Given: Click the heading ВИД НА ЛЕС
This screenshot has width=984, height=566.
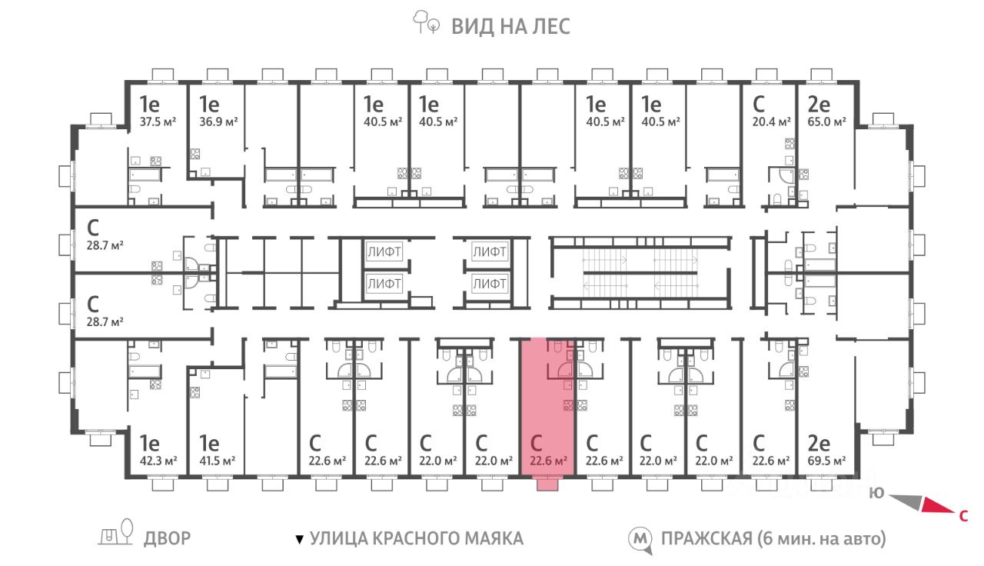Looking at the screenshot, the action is (x=510, y=26).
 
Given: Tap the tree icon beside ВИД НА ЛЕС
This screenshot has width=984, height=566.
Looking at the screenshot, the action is (x=425, y=22).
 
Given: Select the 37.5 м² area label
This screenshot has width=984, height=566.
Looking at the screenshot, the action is (x=158, y=122).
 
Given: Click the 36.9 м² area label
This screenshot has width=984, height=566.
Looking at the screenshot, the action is (x=218, y=122).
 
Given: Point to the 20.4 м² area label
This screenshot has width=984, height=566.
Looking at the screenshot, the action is (x=771, y=122).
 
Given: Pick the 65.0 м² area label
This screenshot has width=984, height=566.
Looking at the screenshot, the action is (x=826, y=122).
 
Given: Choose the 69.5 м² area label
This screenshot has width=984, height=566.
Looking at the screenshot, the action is (x=826, y=461).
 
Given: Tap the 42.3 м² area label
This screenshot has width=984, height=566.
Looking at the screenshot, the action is (x=158, y=461).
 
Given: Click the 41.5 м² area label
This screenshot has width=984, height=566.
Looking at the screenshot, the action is (x=218, y=461).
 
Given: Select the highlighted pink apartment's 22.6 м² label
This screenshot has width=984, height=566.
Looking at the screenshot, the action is (x=548, y=461).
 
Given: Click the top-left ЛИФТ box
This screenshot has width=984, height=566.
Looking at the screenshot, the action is (x=384, y=251).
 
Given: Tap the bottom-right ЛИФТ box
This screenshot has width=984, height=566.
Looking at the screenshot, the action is (x=490, y=284).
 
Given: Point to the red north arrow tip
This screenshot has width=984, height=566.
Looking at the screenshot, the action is (x=954, y=513).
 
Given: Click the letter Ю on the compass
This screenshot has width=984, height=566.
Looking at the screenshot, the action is (x=876, y=493).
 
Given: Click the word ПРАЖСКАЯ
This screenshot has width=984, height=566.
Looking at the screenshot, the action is (x=706, y=538).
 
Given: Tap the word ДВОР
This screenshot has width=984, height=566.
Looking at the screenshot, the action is (x=167, y=538).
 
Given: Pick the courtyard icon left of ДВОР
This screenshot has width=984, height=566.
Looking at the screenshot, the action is (x=115, y=533).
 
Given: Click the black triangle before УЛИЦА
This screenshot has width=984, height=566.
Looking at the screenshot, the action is (x=300, y=539).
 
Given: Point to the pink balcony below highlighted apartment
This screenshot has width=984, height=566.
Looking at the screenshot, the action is (x=547, y=484).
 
